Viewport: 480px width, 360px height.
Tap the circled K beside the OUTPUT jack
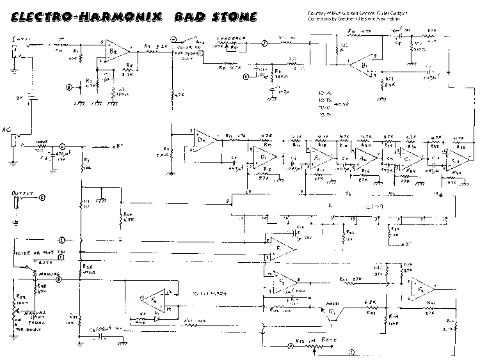[43, 198]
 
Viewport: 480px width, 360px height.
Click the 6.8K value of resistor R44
[369, 302]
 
